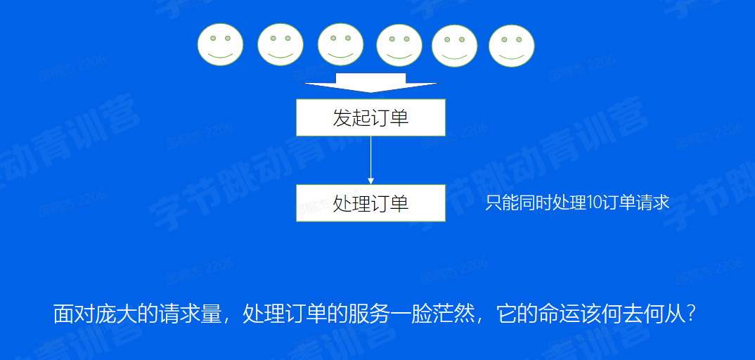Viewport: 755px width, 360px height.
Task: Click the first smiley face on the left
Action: coord(220,44)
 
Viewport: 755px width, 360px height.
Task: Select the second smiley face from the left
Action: coord(280,44)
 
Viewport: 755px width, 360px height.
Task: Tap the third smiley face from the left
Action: coord(340,44)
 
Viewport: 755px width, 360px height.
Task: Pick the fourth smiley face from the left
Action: coord(399,46)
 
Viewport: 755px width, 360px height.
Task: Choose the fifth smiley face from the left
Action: coord(454,46)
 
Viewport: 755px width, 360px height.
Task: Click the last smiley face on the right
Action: coord(512,46)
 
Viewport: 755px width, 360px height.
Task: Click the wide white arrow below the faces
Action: coord(370,82)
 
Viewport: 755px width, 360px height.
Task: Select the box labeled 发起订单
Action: coord(370,117)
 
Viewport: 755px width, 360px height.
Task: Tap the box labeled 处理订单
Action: coord(370,203)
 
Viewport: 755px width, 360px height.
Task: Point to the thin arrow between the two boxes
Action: coord(370,160)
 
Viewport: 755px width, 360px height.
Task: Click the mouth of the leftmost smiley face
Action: coord(220,54)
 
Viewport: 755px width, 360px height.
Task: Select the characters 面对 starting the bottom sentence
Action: coord(75,313)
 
